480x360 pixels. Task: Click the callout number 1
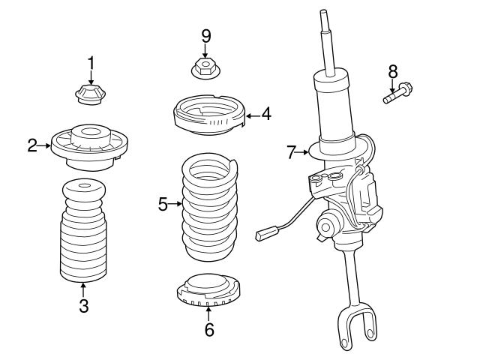[91, 63]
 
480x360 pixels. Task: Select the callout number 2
[32, 145]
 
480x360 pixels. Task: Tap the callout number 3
[83, 305]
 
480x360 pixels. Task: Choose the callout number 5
[163, 203]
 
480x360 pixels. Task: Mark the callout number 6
[208, 328]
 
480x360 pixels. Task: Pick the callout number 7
[292, 152]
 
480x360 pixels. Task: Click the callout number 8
[391, 72]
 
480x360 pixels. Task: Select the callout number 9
[205, 36]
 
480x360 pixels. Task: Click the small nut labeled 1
[90, 96]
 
